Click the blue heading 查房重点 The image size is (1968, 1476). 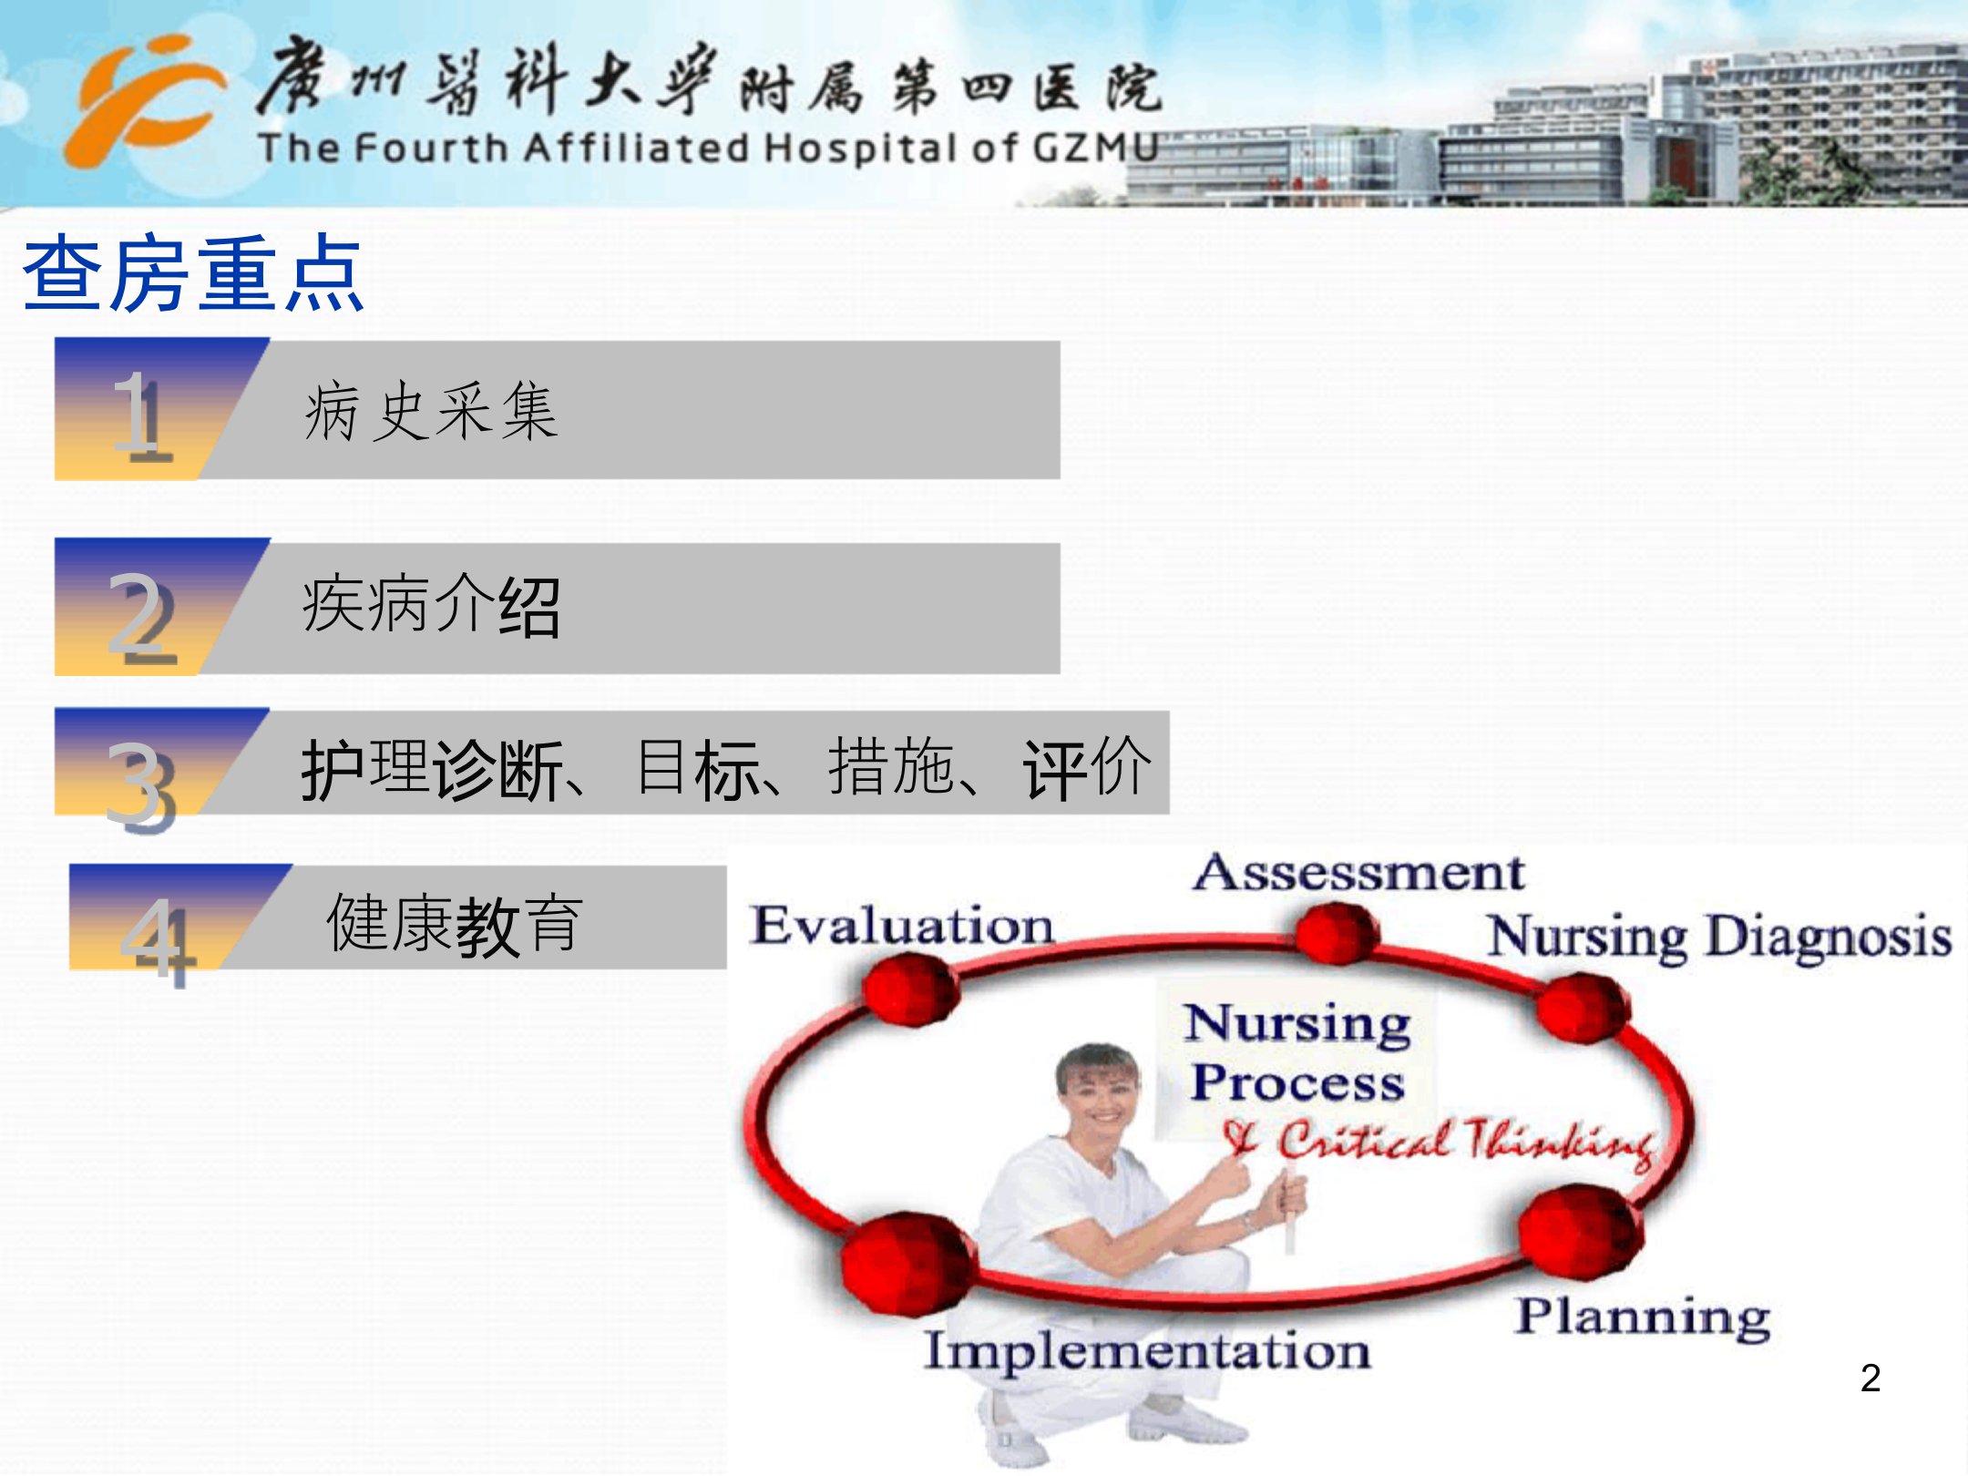(193, 273)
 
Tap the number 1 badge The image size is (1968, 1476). (141, 415)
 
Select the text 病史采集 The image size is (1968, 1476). (430, 412)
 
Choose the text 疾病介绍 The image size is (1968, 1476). (430, 606)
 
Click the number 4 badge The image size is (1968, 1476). (158, 940)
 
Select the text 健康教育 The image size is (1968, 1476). (454, 924)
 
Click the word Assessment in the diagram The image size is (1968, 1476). (1358, 873)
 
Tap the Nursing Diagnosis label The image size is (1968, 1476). (1719, 937)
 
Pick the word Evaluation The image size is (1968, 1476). (902, 926)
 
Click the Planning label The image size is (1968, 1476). (1643, 1317)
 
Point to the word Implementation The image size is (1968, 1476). (1147, 1352)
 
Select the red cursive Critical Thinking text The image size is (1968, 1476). (1440, 1143)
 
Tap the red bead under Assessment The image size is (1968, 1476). (1337, 933)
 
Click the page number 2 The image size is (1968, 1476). (1871, 1378)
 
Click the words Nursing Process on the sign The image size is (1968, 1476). (1297, 1053)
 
